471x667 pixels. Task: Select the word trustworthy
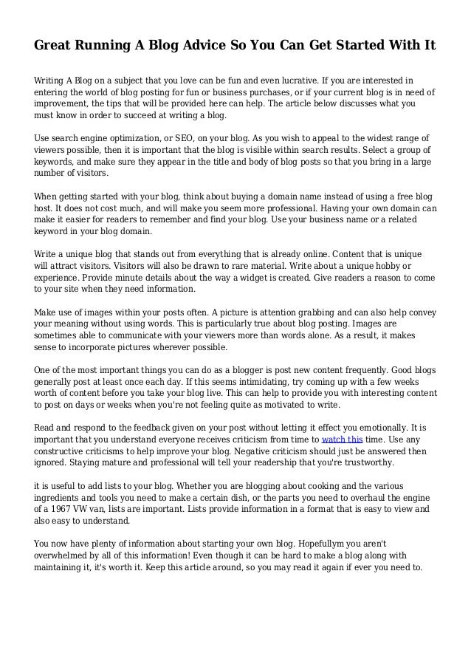point(361,464)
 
